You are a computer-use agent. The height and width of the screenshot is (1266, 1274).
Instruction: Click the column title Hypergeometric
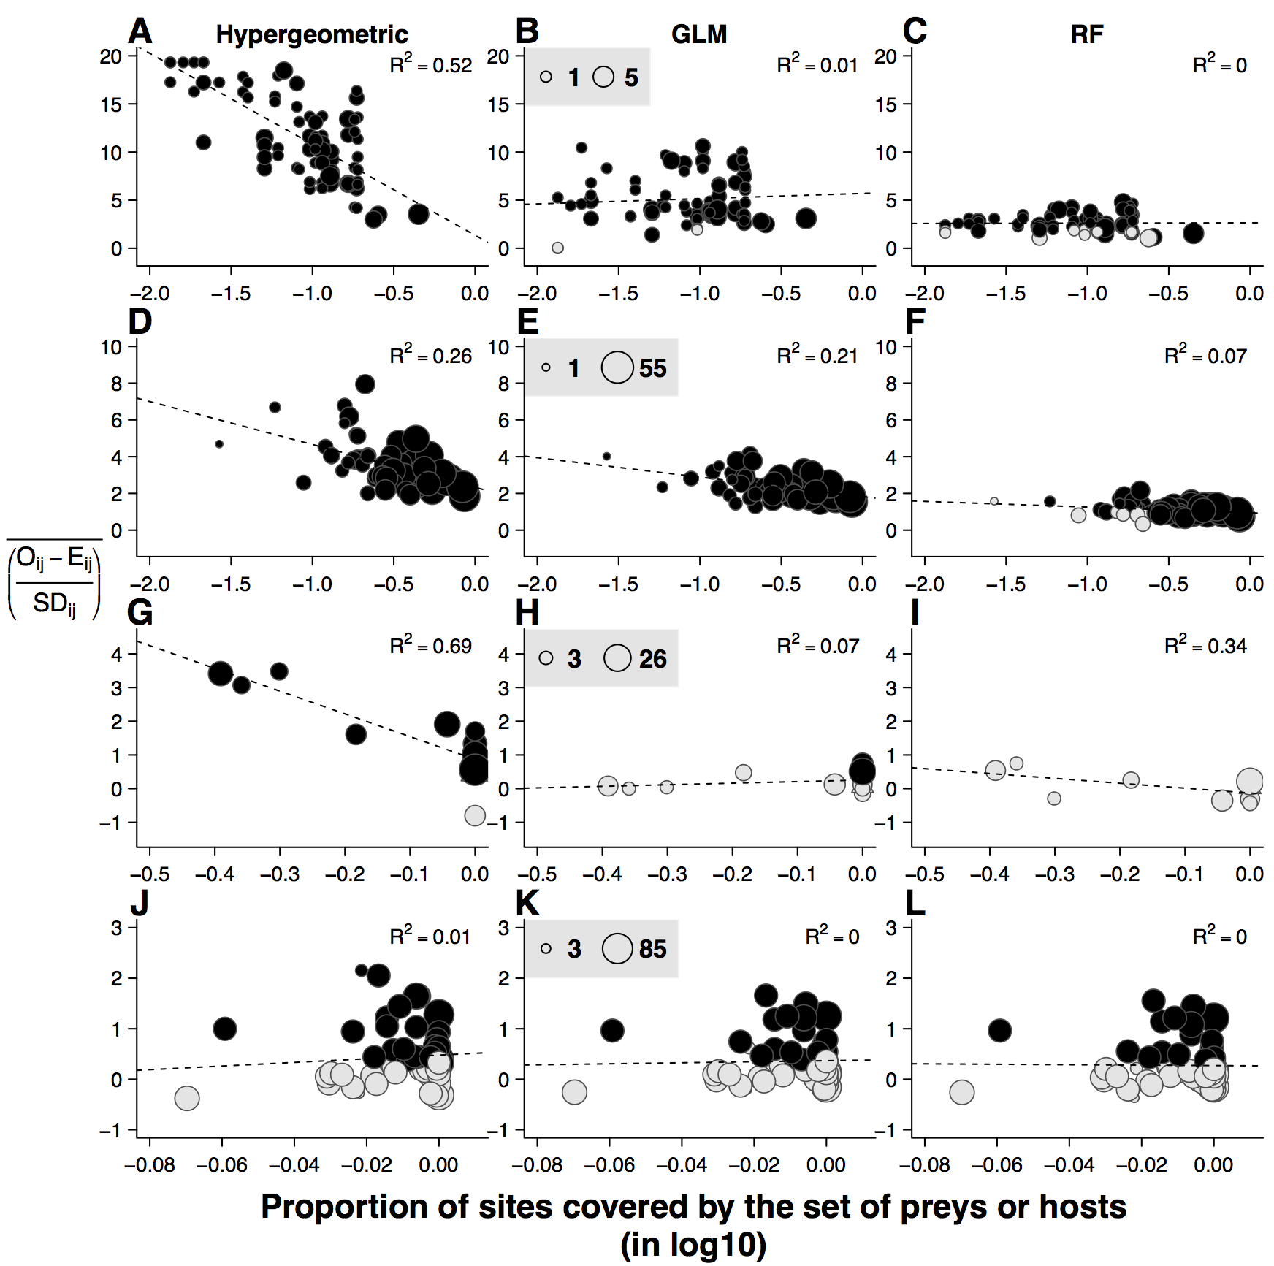(312, 34)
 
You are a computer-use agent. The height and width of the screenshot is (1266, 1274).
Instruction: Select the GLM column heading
(699, 34)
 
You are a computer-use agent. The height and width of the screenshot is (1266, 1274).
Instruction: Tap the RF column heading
(1086, 34)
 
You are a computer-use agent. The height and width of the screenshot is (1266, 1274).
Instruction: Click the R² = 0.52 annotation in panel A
(431, 65)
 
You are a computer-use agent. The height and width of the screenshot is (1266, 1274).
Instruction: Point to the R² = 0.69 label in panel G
(431, 646)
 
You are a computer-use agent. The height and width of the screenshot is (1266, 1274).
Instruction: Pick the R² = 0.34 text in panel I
(1205, 646)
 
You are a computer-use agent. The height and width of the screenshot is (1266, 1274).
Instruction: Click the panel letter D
(140, 322)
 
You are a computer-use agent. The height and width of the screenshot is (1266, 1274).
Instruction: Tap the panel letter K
(527, 904)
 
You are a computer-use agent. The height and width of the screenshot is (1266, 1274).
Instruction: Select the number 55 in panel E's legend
(652, 368)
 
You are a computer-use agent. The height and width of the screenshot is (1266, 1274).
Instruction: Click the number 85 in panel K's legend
(652, 949)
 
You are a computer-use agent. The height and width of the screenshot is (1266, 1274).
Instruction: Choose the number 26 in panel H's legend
(652, 659)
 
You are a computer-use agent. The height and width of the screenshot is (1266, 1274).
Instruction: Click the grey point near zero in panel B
(557, 248)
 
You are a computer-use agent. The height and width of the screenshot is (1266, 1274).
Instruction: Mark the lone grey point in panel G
(475, 815)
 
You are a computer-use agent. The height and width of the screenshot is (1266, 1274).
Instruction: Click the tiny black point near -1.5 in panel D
(219, 443)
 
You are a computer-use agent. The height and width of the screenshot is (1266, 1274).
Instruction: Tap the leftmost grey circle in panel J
(187, 1097)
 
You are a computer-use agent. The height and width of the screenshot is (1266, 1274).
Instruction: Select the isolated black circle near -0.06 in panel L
(999, 1031)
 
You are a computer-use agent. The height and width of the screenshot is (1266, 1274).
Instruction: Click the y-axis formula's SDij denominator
(54, 604)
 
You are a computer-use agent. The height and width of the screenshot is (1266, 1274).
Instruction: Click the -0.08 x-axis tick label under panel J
(150, 1164)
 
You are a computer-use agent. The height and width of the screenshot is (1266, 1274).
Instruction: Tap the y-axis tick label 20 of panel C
(885, 57)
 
